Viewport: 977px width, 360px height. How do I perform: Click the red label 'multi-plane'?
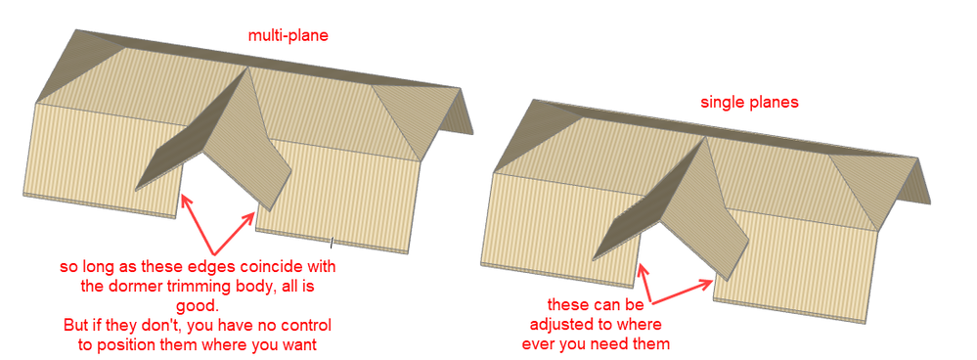tap(288, 35)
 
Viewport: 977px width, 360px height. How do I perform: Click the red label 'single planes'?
tap(749, 103)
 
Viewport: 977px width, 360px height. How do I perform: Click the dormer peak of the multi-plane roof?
tap(248, 67)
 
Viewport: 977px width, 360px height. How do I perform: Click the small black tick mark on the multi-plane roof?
tap(333, 241)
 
